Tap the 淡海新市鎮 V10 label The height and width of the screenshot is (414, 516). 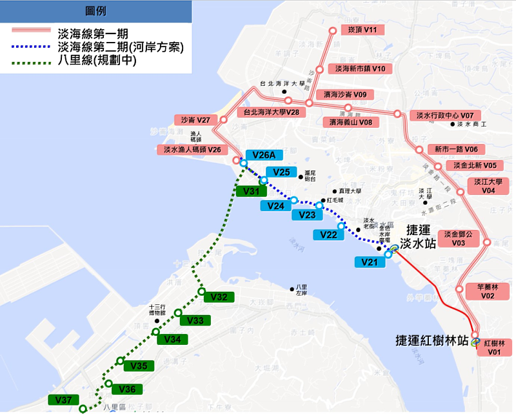pos(360,68)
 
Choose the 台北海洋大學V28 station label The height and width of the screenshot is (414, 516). pos(271,112)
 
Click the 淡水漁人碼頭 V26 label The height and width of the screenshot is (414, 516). pos(192,150)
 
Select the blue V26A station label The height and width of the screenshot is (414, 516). pos(264,155)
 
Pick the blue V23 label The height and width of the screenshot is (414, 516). pos(308,215)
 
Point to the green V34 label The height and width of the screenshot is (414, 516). pos(172,339)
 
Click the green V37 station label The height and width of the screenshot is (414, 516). pos(63,400)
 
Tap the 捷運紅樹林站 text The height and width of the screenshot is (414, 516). pos(433,340)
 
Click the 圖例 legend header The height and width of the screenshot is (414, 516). pos(96,11)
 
